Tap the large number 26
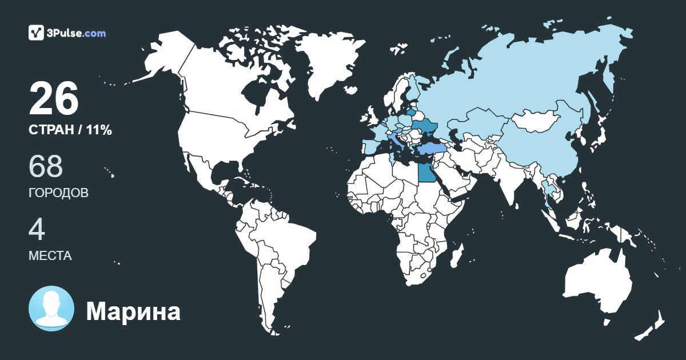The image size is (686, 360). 54,98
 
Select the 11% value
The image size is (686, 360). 99,130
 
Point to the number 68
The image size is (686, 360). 46,166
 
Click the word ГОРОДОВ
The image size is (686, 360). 58,193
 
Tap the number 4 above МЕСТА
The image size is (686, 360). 37,230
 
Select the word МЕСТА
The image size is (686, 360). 50,256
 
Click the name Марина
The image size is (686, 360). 133,311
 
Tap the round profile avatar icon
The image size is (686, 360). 51,309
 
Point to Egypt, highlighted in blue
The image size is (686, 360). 425,172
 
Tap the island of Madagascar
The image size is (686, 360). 456,257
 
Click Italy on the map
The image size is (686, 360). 396,139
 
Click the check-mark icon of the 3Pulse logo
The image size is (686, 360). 36,33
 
